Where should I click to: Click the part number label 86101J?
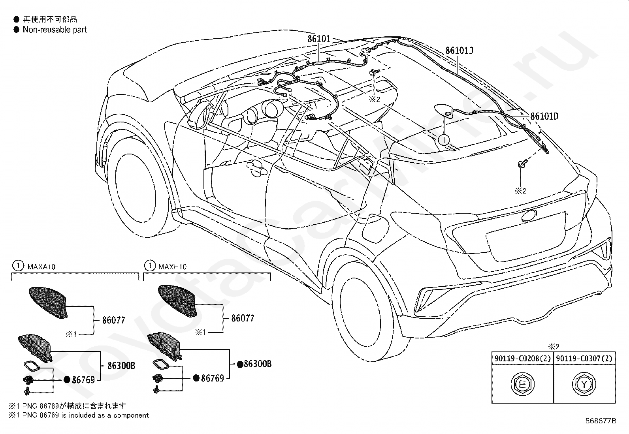tap(459, 51)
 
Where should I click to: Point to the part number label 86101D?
tap(544, 116)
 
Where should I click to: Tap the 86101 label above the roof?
tap(319, 39)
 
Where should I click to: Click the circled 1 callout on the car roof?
tap(444, 140)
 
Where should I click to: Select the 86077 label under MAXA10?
tap(113, 320)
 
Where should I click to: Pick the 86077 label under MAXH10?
tap(243, 318)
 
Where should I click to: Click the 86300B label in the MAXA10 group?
tap(121, 366)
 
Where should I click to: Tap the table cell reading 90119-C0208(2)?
tap(522, 359)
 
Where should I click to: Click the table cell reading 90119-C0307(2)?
tap(584, 359)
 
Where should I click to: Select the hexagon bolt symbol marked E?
tap(522, 384)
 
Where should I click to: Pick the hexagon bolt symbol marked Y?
tap(584, 384)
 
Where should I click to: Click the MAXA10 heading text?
tap(41, 267)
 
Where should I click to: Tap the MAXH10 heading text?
tap(172, 267)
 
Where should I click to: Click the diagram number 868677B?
tap(601, 421)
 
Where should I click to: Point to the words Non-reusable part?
tap(55, 30)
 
